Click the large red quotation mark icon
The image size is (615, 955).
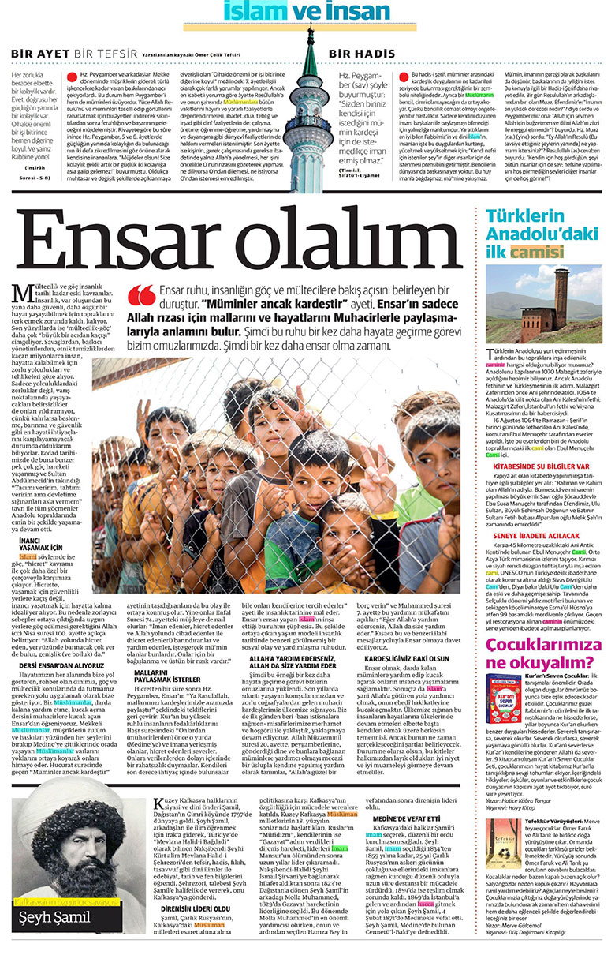pos(141,297)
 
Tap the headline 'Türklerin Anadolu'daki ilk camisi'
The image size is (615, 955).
pos(536,234)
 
